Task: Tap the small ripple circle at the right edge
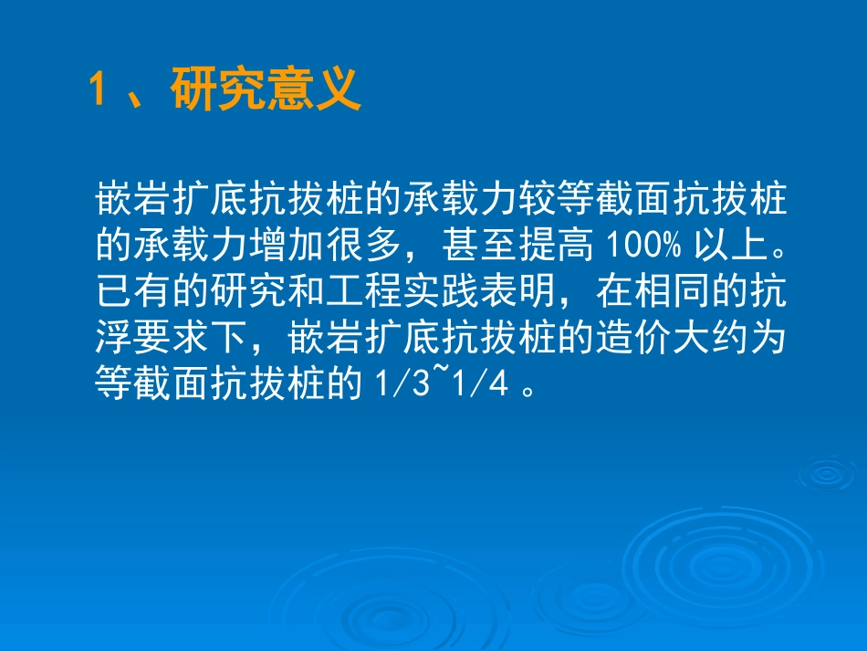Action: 827,473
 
